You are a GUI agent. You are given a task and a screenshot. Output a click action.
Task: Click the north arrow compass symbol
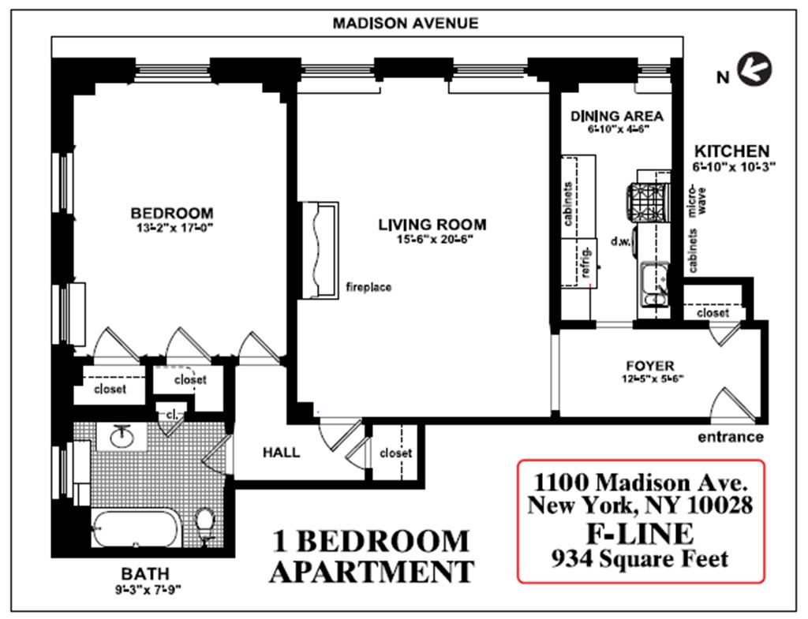(754, 69)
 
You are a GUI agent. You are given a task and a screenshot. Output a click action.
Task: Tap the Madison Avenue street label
(405, 23)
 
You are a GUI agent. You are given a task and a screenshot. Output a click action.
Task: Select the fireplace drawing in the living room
(320, 250)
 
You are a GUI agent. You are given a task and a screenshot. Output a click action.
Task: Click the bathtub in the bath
(136, 528)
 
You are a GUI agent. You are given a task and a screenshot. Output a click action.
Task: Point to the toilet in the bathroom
(206, 524)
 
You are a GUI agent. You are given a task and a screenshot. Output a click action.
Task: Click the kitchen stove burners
(647, 203)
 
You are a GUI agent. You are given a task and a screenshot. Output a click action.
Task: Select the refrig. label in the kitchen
(586, 262)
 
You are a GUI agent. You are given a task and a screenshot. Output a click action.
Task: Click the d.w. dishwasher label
(620, 241)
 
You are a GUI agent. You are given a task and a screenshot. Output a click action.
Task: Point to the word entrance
(730, 437)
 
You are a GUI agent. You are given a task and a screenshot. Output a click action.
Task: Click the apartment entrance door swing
(731, 405)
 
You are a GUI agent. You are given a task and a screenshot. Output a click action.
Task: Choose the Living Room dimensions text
(435, 239)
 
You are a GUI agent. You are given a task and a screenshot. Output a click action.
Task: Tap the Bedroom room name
(171, 213)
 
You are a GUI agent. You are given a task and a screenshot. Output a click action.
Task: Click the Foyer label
(650, 366)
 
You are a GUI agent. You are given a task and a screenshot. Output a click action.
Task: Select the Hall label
(281, 452)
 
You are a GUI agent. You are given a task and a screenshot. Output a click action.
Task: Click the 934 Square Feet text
(639, 559)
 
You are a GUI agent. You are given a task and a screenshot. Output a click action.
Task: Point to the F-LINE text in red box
(639, 534)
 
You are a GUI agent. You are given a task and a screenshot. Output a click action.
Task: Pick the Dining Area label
(616, 117)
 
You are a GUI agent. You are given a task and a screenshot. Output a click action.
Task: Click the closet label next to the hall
(395, 453)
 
